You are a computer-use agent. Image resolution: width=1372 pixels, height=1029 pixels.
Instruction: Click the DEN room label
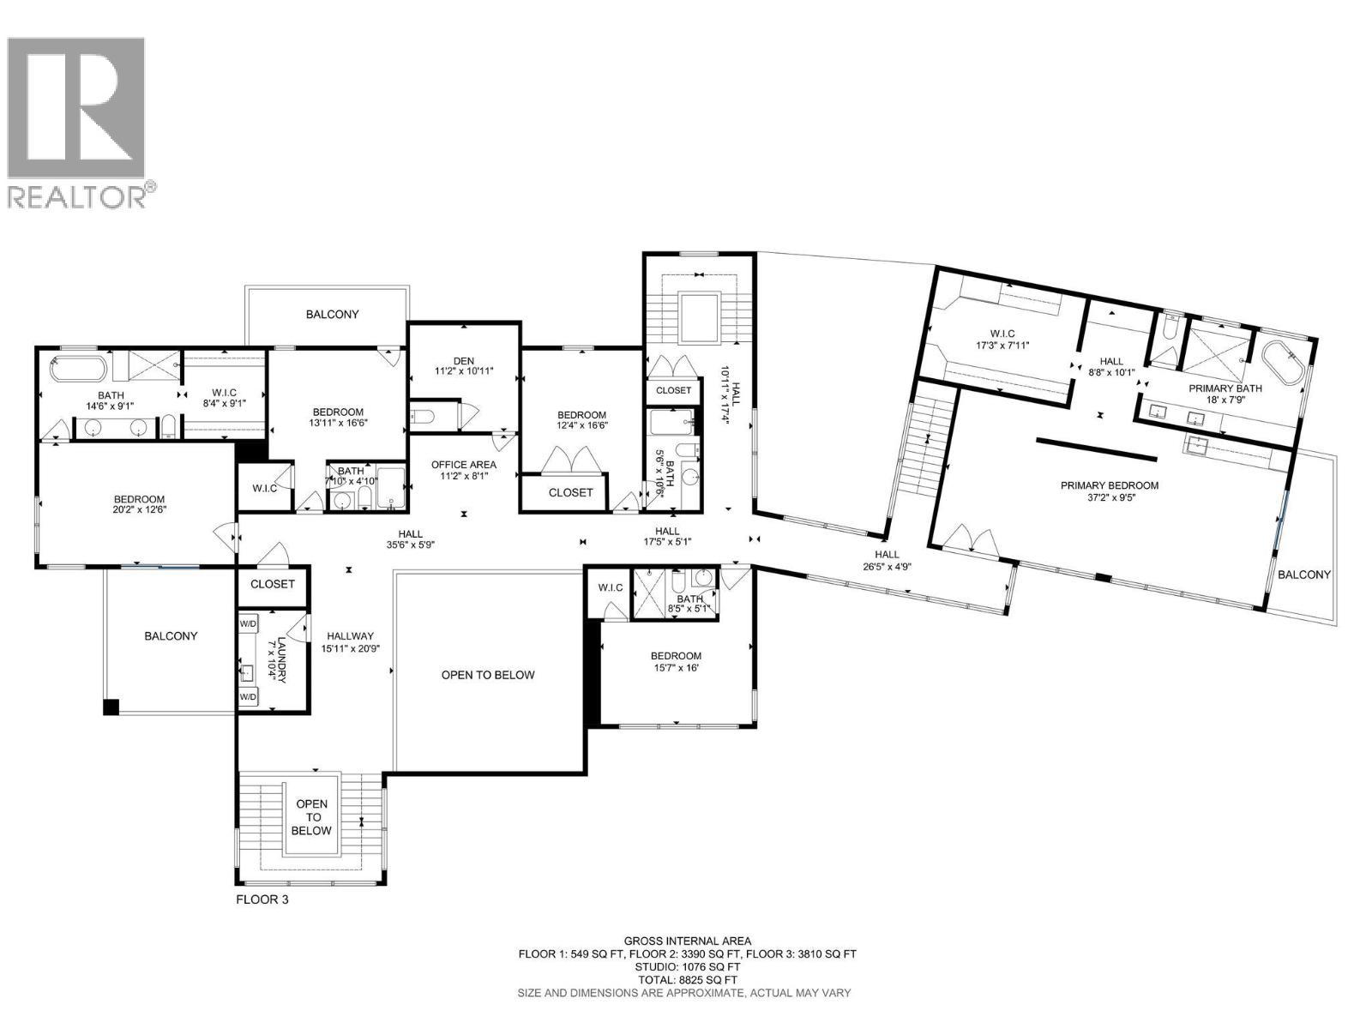463,361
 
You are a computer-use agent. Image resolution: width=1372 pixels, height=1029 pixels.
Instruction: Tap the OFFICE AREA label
463,465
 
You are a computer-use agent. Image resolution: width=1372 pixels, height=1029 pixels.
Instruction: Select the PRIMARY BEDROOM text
1109,485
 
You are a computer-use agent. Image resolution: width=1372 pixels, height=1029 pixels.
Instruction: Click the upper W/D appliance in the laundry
248,623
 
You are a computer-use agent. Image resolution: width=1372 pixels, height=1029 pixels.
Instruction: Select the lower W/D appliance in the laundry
248,697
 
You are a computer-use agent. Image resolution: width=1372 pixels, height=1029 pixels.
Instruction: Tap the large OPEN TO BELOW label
488,675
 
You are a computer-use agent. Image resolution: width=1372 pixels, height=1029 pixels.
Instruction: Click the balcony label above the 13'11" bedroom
333,315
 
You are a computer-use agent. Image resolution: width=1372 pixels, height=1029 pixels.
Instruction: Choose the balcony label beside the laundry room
171,635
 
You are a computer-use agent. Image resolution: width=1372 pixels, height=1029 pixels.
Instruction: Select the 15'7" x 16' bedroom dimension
676,669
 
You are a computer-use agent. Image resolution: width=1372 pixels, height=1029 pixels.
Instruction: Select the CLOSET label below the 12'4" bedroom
570,492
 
